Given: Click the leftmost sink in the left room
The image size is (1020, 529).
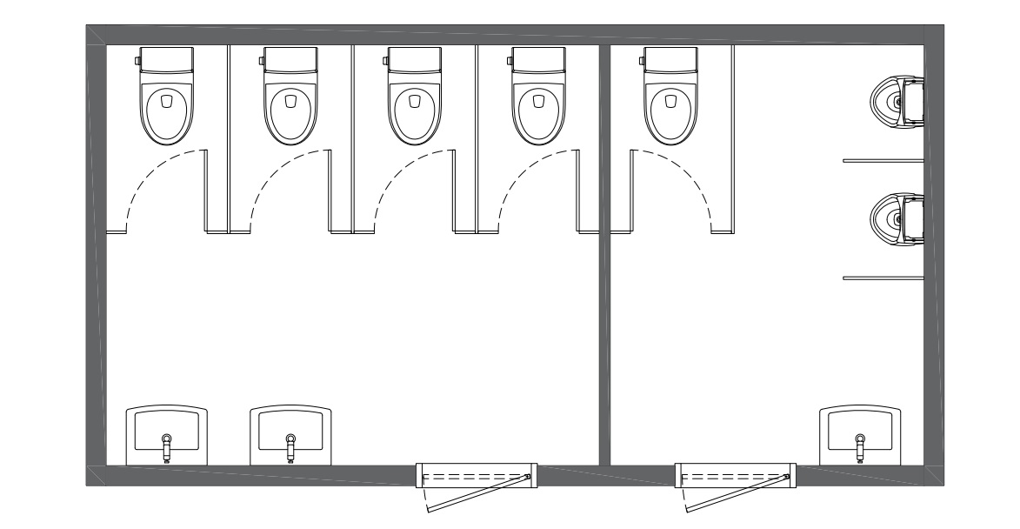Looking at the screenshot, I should [167, 435].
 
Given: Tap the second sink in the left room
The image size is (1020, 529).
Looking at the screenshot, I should [290, 435].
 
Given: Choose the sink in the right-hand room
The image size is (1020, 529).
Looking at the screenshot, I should [859, 435].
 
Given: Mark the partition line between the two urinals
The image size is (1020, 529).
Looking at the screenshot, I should [883, 160].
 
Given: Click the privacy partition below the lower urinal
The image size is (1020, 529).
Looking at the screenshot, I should [883, 278].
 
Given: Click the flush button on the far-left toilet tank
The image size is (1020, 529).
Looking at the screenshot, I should [137, 60].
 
